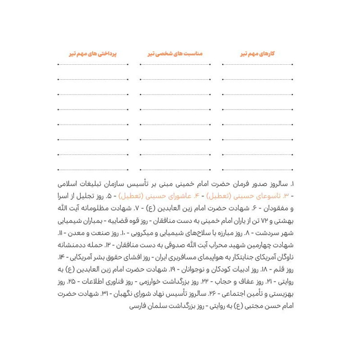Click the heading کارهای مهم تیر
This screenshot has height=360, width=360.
pyautogui.click(x=257, y=54)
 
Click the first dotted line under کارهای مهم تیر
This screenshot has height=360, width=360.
pyautogui.click(x=257, y=64)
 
